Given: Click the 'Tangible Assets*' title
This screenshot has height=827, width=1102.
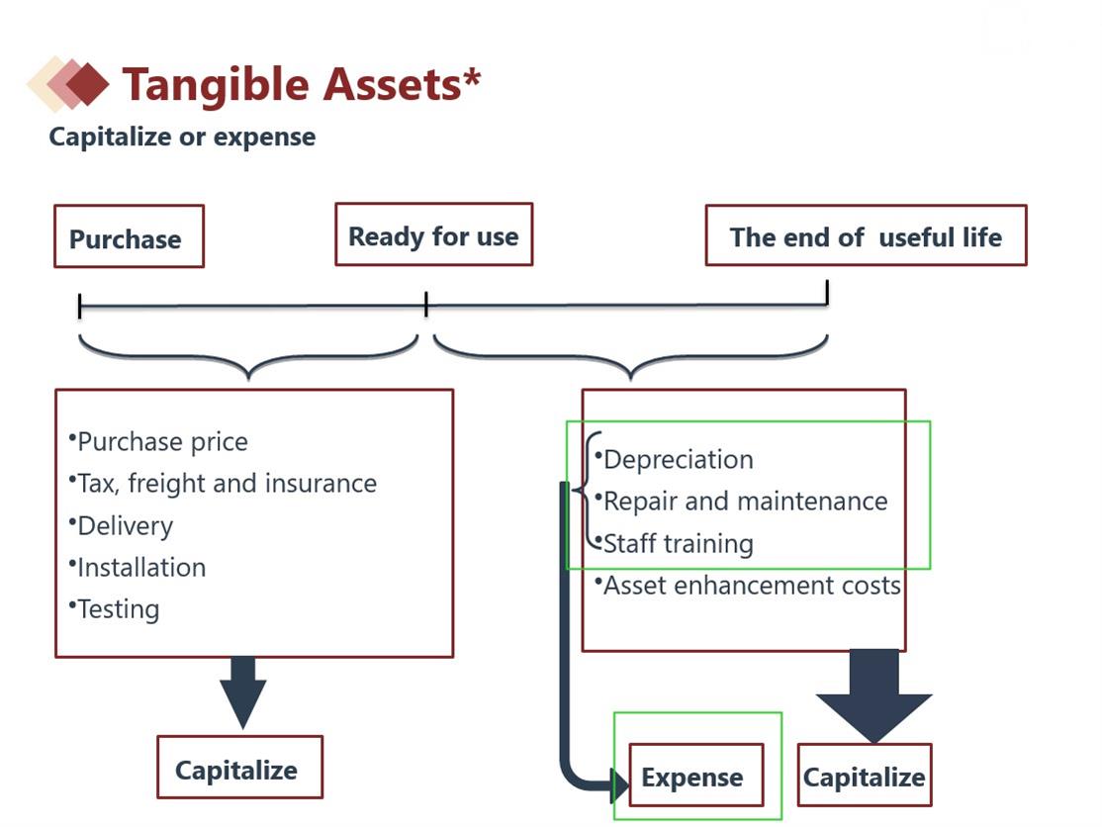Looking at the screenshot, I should (301, 84).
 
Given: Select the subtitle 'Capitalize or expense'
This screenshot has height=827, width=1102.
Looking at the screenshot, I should (182, 137).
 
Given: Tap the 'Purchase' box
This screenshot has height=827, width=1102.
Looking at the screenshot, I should (129, 237).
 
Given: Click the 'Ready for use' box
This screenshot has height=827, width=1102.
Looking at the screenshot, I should (433, 235).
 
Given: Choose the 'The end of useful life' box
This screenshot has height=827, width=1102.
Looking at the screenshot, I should (866, 236).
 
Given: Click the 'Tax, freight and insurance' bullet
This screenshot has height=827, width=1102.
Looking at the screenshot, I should (227, 483).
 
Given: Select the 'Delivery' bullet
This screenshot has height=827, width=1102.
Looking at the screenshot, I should (125, 525).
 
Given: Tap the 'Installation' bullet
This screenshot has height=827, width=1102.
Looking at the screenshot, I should (141, 567).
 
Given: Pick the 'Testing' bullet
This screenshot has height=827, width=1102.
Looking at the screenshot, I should (118, 608).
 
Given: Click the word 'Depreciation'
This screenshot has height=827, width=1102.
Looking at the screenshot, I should (678, 459).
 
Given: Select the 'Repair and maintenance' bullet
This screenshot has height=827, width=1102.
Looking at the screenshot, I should (745, 501).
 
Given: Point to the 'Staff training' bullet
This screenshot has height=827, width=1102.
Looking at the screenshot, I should (678, 543).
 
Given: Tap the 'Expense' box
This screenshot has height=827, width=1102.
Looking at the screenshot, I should (695, 777).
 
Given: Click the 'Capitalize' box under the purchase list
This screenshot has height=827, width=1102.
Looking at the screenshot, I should (239, 768).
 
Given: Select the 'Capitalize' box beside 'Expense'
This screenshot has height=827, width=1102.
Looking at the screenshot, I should (864, 777).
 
